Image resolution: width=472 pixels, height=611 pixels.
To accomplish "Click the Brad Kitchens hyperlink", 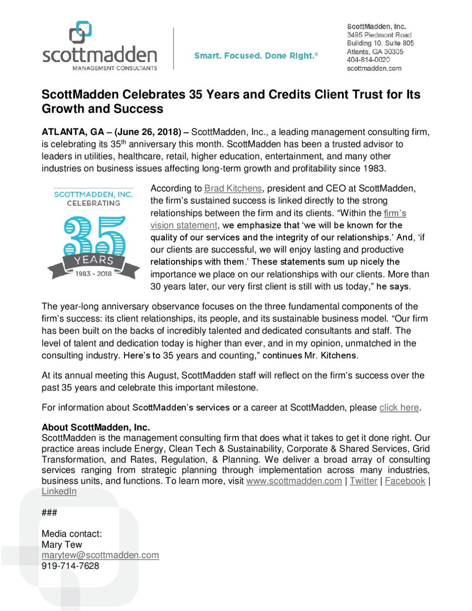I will [x=233, y=188].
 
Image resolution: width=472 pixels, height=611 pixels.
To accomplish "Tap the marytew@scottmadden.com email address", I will [x=100, y=555].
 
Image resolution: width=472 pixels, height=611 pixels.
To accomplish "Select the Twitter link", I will [x=363, y=481].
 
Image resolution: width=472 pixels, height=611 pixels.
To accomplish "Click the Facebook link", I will [x=405, y=481].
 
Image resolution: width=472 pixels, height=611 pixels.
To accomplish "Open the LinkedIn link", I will [x=59, y=491].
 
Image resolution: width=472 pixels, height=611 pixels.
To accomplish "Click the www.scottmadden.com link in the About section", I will [x=294, y=481].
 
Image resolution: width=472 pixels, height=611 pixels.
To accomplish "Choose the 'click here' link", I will [x=399, y=407].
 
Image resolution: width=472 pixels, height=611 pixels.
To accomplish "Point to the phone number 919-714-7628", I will [x=70, y=566].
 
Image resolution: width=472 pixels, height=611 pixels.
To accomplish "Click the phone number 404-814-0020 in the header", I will [x=368, y=60].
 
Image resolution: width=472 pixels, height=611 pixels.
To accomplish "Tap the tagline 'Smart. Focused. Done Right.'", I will [x=256, y=56].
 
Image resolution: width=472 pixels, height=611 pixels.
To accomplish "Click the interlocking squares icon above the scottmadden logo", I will [x=80, y=32].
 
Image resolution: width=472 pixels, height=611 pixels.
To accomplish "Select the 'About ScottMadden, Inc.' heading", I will [x=96, y=427].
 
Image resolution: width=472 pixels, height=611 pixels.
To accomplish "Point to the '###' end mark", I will [x=49, y=512].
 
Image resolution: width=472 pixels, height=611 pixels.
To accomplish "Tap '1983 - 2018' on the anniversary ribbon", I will [x=94, y=274].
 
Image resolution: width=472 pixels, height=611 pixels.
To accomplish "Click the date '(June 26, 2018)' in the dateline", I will [x=148, y=132].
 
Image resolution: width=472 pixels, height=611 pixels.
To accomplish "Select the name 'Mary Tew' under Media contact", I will [x=62, y=545].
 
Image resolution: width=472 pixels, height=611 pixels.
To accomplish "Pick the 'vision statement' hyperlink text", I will [x=184, y=225].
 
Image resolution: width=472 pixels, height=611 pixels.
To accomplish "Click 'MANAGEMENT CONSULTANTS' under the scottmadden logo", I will [x=115, y=68].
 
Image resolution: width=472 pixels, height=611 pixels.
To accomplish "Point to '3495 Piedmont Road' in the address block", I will [x=379, y=35].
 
